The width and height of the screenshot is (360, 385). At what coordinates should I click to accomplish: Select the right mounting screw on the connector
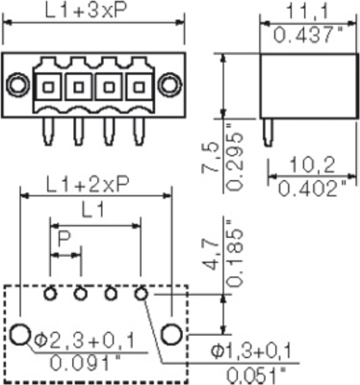coord(170,87)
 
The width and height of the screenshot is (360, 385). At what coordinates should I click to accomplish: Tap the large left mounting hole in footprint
coord(20,334)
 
